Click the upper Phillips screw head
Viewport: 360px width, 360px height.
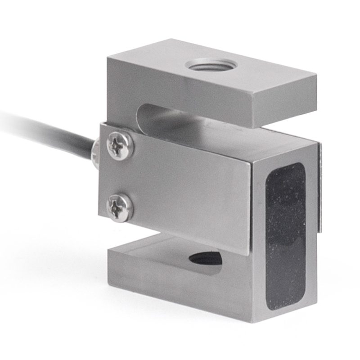coord(120,145)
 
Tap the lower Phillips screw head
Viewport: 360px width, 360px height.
coord(120,207)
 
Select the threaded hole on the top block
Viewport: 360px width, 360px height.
coord(208,66)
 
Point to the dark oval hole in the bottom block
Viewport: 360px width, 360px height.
coord(205,258)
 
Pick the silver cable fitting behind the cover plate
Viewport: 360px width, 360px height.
coord(95,152)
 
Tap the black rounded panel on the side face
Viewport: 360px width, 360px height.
coord(285,236)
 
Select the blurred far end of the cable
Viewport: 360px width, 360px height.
coord(9,119)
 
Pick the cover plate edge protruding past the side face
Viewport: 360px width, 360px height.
coord(320,189)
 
